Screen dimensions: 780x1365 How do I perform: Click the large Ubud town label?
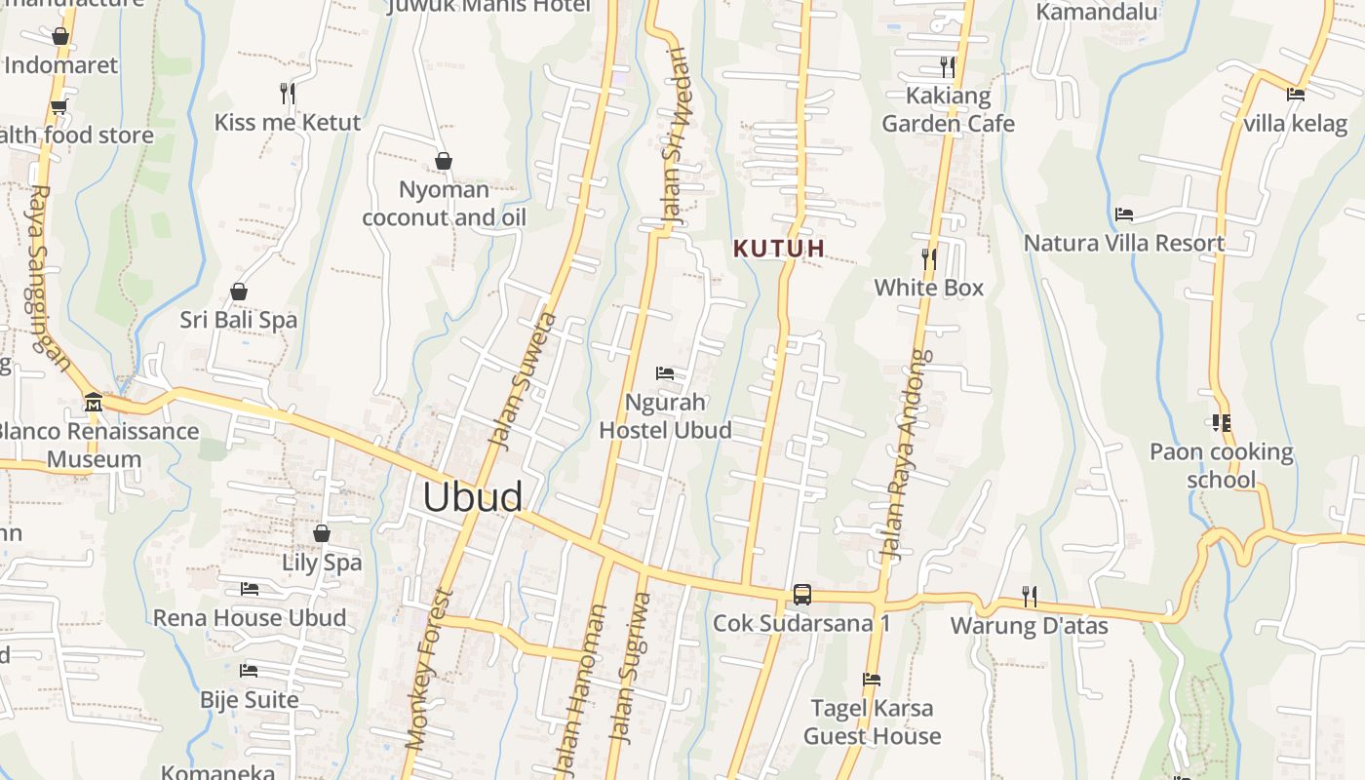(473, 497)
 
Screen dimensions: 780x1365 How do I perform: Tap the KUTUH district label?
(779, 249)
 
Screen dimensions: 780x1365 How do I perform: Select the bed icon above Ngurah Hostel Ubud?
(665, 373)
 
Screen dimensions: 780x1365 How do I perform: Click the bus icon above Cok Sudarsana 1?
(801, 594)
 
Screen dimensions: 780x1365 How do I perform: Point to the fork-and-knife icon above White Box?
(929, 258)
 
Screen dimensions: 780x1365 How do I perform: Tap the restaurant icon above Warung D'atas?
(1029, 596)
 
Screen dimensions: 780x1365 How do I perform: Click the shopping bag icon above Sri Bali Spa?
(239, 292)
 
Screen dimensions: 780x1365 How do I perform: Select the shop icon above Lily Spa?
(322, 533)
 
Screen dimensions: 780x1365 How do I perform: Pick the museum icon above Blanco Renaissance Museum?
(94, 402)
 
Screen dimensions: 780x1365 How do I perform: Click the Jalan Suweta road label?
(523, 380)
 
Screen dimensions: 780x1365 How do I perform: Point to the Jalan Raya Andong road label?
(904, 454)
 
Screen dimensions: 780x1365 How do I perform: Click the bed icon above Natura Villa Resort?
(1124, 214)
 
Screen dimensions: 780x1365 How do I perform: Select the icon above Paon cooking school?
(1221, 423)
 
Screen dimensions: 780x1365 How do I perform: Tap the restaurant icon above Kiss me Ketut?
(288, 94)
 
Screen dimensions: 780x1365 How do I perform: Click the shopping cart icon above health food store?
(59, 106)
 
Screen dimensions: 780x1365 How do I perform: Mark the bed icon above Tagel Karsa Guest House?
(872, 680)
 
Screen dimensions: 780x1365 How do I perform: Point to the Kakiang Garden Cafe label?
(948, 109)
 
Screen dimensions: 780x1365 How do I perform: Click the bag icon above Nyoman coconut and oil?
(444, 161)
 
